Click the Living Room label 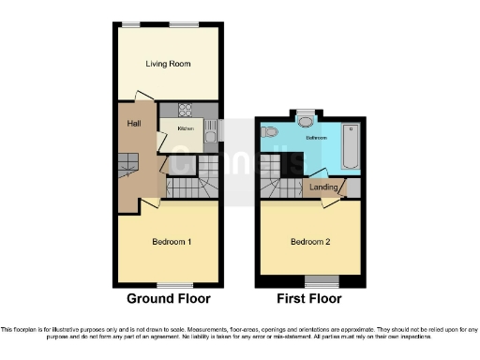click(x=168, y=64)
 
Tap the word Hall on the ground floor click(x=135, y=124)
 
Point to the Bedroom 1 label click(x=172, y=242)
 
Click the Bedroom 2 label click(x=309, y=242)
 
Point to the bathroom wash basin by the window click(x=306, y=119)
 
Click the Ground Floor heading click(x=169, y=299)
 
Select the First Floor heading click(x=308, y=299)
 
